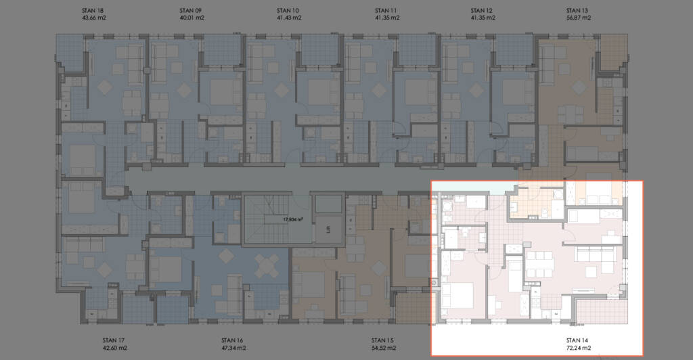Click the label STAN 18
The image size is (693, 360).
tap(93, 11)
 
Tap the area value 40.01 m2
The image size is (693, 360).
tap(192, 18)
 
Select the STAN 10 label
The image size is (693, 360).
tap(288, 11)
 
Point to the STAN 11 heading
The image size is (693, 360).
tap(386, 11)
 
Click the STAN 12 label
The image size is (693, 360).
tap(481, 11)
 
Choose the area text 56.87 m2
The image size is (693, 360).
tap(579, 18)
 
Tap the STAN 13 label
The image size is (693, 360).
tap(577, 11)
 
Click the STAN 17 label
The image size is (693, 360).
tap(114, 340)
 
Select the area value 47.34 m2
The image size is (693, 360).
tap(233, 348)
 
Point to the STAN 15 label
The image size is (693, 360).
tap(382, 340)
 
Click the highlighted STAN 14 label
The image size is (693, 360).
tap(577, 340)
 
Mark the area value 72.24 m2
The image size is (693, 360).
tap(579, 348)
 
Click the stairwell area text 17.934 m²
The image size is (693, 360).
tap(293, 219)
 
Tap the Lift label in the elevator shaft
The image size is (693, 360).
tap(328, 229)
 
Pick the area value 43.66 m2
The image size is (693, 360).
tap(94, 18)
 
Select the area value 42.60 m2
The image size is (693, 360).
tap(115, 348)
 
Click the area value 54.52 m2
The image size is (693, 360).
tap(384, 348)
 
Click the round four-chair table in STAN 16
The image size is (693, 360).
tap(267, 267)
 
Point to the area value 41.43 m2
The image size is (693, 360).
tap(289, 18)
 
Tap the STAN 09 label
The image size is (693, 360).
tap(190, 11)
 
